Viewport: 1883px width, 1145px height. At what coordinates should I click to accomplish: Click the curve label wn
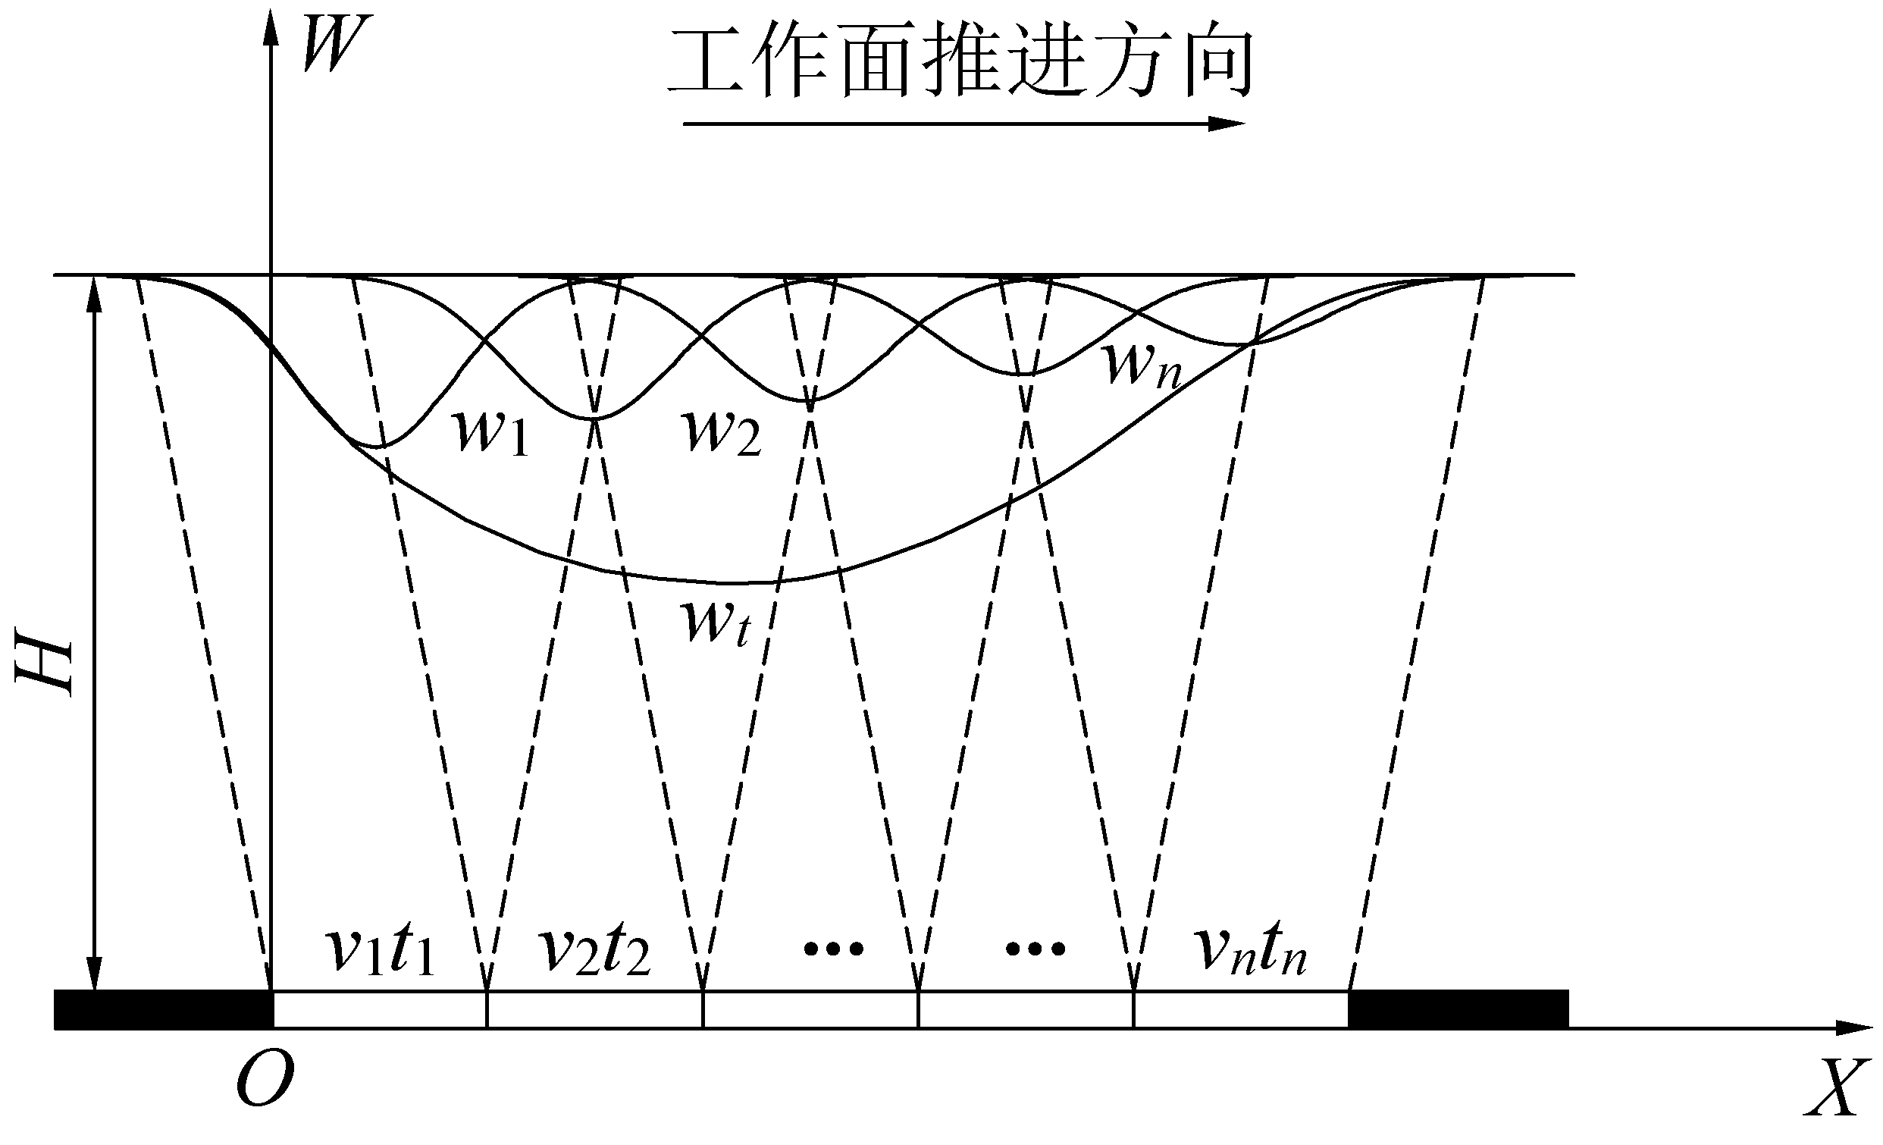1143,367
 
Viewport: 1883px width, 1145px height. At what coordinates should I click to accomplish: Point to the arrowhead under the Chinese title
1227,124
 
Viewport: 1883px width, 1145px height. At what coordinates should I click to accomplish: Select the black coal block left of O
163,1009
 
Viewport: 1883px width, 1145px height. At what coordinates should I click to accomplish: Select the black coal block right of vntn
1458,1009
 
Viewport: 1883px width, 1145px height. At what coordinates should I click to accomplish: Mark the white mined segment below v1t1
380,1010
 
